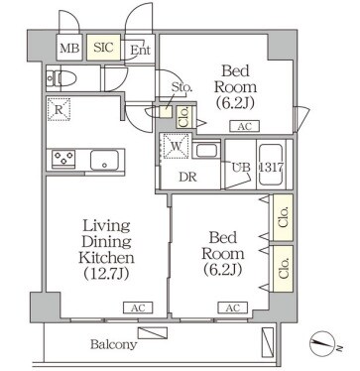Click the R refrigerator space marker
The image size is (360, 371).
(59, 112)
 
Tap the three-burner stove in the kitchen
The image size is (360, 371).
(65, 159)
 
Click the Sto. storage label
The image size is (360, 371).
(181, 88)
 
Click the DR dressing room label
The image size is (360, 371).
(186, 178)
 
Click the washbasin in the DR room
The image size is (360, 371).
(207, 150)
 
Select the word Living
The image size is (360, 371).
(104, 225)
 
